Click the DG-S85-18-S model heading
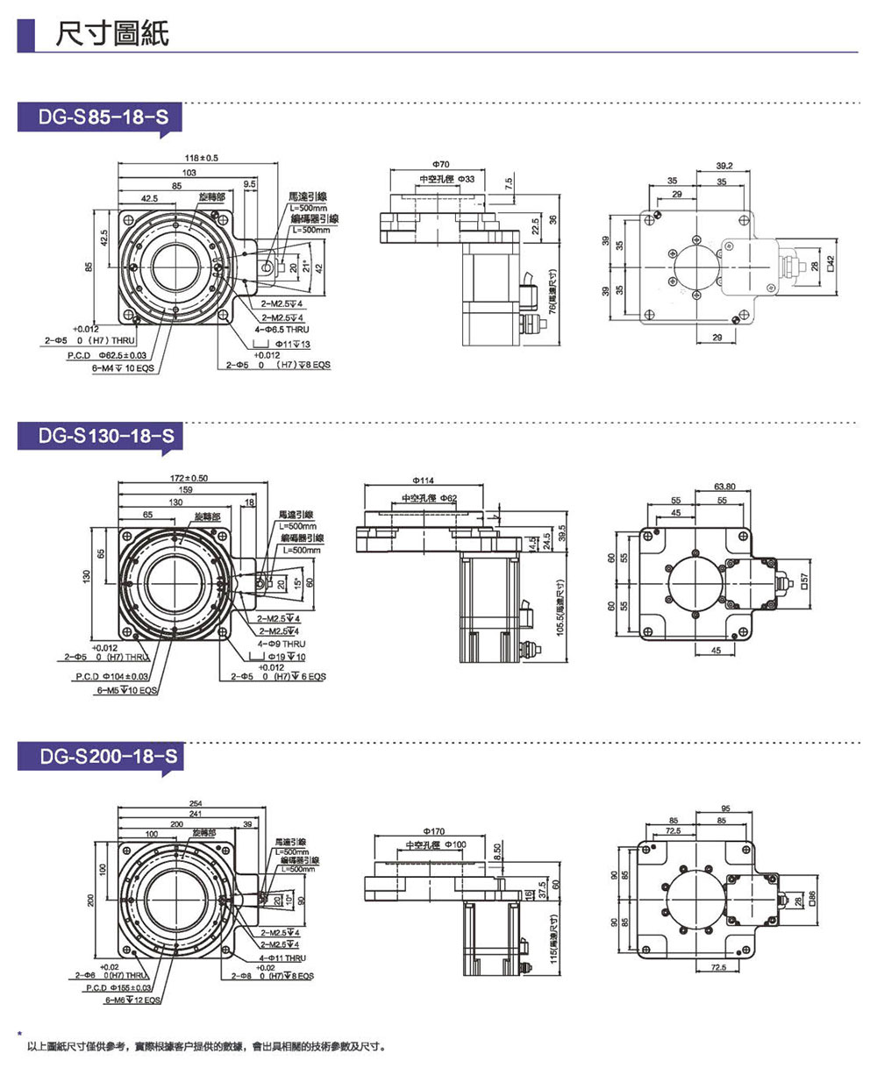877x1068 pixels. pyautogui.click(x=102, y=117)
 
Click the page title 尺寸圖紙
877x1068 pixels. pyautogui.click(x=111, y=33)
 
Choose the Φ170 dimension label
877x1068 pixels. pyautogui.click(x=433, y=829)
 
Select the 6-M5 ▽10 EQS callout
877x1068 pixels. pyautogui.click(x=127, y=690)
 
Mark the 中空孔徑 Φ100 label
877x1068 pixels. pyautogui.click(x=436, y=844)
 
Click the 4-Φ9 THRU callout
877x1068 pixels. pyautogui.click(x=282, y=644)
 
